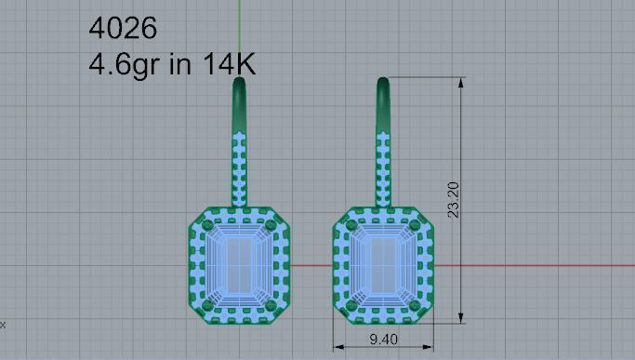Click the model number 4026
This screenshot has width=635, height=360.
(x=123, y=28)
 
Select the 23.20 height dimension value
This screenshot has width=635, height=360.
(x=453, y=200)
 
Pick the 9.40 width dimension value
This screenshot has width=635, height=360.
(x=382, y=340)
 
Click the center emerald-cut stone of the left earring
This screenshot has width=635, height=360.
(x=239, y=264)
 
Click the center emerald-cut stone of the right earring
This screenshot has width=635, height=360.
(x=382, y=264)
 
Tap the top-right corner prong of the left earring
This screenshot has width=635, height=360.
(x=271, y=225)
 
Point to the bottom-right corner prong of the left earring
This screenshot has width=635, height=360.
(x=271, y=304)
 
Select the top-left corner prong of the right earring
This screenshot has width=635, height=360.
(x=351, y=225)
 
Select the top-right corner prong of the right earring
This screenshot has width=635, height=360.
(x=414, y=225)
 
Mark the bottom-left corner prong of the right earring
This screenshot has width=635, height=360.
(x=351, y=304)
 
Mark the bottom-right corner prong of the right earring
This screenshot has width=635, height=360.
(x=414, y=304)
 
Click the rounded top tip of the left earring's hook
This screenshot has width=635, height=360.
(x=239, y=82)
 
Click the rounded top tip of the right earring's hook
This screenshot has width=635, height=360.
(x=382, y=82)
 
